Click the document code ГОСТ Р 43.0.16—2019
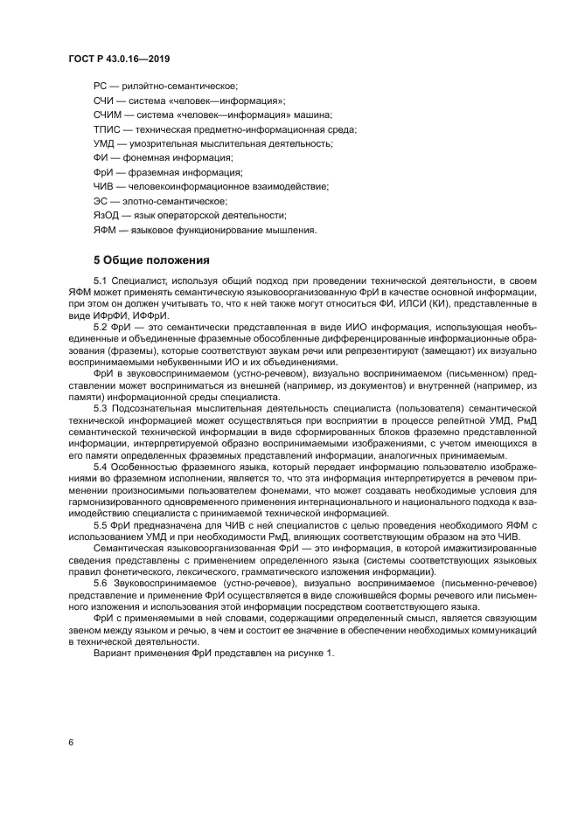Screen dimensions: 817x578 click(118, 59)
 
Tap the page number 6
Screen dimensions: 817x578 click(71, 741)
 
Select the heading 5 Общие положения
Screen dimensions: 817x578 click(151, 260)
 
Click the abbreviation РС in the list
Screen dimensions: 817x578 click(101, 87)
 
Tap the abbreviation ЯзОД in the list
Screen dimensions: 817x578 click(106, 215)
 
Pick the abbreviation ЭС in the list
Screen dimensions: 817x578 click(101, 201)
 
